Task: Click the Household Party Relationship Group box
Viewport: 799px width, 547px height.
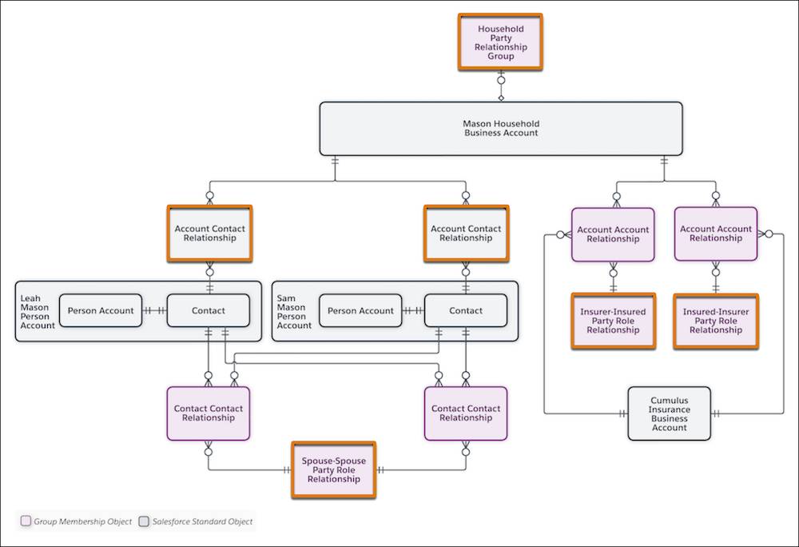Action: [x=501, y=42]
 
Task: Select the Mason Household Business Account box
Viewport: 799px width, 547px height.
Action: [x=501, y=129]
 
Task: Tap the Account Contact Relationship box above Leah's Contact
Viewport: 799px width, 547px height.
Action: [x=209, y=234]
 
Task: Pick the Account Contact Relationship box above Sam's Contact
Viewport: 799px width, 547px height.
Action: [x=466, y=234]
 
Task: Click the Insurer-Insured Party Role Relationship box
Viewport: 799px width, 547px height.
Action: [x=613, y=321]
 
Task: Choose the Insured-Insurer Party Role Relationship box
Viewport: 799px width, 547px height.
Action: [x=715, y=321]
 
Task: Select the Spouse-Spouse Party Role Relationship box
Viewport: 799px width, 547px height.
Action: [x=333, y=469]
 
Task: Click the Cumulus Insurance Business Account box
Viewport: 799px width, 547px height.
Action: [x=669, y=413]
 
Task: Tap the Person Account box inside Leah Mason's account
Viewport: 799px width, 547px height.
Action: [x=100, y=310]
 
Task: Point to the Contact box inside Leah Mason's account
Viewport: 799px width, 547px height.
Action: [x=209, y=310]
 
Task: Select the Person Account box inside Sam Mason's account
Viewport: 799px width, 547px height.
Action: [x=360, y=310]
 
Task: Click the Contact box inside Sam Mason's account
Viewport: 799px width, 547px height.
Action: [x=466, y=310]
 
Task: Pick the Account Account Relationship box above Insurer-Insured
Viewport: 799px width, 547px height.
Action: [x=613, y=234]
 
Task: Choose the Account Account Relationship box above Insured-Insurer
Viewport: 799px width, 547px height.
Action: [x=715, y=234]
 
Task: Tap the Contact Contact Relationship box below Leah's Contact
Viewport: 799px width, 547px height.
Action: [x=208, y=413]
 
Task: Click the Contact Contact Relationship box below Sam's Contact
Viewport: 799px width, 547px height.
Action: [x=465, y=413]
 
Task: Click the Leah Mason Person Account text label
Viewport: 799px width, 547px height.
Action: [x=38, y=311]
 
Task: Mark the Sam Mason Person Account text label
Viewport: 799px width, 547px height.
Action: [x=293, y=311]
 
